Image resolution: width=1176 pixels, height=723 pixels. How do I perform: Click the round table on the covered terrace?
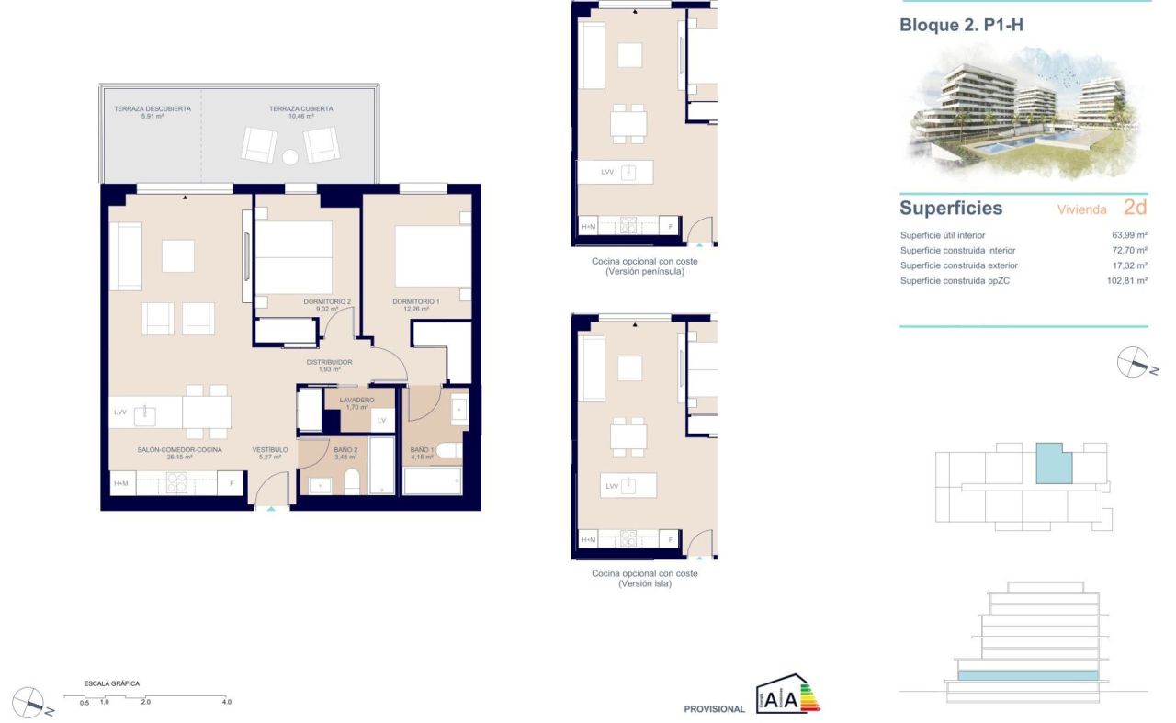click(290, 157)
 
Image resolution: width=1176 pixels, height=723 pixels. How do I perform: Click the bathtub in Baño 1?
click(433, 480)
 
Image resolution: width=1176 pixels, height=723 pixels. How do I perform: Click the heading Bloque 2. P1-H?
click(961, 26)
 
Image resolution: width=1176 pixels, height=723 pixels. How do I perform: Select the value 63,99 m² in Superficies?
click(1129, 235)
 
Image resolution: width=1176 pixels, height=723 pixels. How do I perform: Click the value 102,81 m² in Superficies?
click(1126, 281)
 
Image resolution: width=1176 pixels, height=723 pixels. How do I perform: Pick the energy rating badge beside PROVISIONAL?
click(787, 696)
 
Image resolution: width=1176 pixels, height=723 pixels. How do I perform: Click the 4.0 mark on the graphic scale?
click(226, 701)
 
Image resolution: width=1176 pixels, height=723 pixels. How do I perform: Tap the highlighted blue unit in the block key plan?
click(1053, 464)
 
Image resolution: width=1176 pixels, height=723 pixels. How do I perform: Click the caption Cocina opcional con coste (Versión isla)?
click(644, 578)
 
